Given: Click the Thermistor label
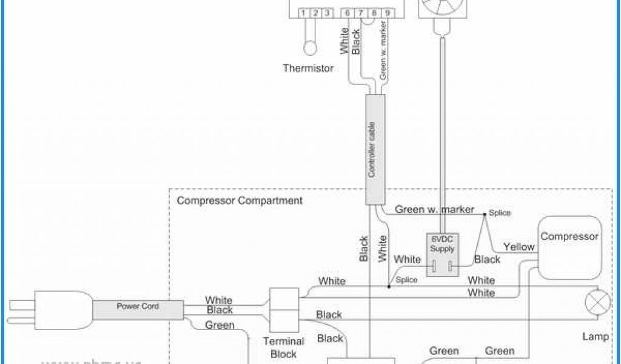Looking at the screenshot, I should click(x=308, y=69).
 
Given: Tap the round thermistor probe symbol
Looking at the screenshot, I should click(x=311, y=47).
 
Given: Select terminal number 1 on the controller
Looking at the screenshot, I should click(x=301, y=12).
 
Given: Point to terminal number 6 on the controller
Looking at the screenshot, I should click(x=347, y=12).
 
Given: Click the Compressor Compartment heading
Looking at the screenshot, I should click(x=240, y=200).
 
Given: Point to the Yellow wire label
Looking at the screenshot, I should click(x=519, y=247).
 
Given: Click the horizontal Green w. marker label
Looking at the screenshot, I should click(x=434, y=210).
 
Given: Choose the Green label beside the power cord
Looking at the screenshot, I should click(x=219, y=326).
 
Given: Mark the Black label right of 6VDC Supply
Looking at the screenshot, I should click(x=487, y=260).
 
